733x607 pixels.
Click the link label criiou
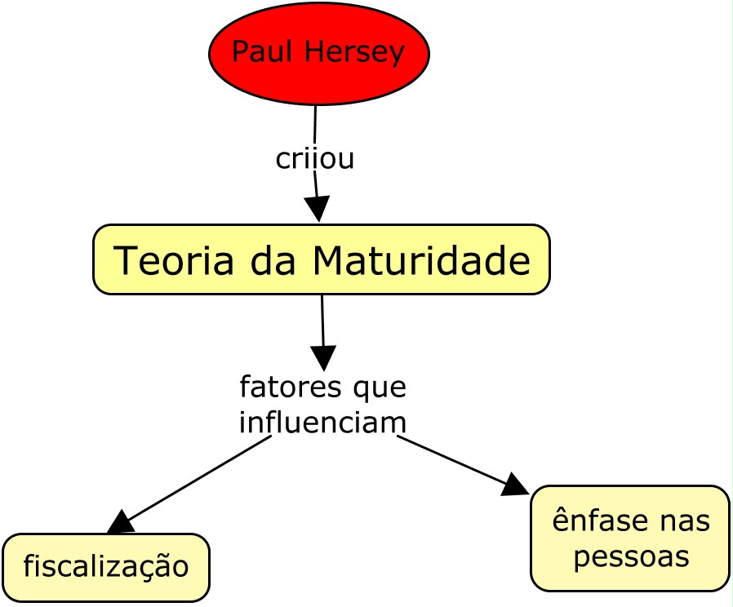point(315,158)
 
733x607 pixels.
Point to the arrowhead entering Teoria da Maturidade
point(318,209)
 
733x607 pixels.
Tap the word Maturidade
point(421,261)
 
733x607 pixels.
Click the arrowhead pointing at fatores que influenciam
point(323,358)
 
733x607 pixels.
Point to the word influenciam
point(322,422)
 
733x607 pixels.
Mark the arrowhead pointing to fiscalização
point(119,523)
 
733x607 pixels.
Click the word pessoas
point(631,556)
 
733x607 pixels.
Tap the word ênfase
point(598,521)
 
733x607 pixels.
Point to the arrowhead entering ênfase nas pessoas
point(516,485)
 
